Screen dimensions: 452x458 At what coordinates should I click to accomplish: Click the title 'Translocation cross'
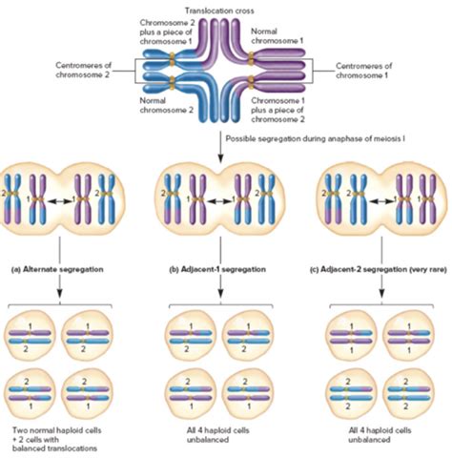(219, 11)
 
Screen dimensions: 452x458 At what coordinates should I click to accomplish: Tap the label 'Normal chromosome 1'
(277, 36)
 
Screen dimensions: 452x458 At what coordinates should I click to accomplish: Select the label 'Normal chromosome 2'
(167, 105)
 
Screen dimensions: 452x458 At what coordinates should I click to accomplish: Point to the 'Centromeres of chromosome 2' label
(84, 70)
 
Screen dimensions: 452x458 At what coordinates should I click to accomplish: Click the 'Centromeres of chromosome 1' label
(364, 71)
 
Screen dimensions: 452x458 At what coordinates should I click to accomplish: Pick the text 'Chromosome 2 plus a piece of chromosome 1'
(166, 31)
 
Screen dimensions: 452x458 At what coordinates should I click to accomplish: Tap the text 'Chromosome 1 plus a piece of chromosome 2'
(278, 110)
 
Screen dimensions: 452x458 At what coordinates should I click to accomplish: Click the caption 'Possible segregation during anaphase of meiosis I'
(315, 138)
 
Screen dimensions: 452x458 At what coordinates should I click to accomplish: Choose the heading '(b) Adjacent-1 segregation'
(217, 269)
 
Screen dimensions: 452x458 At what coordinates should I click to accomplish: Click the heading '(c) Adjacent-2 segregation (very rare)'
(379, 270)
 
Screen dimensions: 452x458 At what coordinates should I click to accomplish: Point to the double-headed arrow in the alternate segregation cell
(59, 200)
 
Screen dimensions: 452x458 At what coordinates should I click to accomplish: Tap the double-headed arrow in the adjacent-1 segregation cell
(219, 200)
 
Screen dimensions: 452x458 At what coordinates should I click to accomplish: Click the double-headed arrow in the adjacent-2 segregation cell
(380, 200)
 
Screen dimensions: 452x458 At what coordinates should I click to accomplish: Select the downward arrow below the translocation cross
(220, 146)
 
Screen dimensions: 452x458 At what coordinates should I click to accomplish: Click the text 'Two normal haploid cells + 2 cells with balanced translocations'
(56, 439)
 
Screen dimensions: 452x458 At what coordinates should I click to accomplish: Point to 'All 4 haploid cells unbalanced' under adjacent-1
(217, 435)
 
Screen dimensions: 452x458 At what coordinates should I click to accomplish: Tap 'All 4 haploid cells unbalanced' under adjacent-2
(380, 435)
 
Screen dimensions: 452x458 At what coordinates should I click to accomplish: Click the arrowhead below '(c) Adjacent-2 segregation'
(381, 293)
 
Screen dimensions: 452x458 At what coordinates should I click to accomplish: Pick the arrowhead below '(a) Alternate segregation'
(59, 293)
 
